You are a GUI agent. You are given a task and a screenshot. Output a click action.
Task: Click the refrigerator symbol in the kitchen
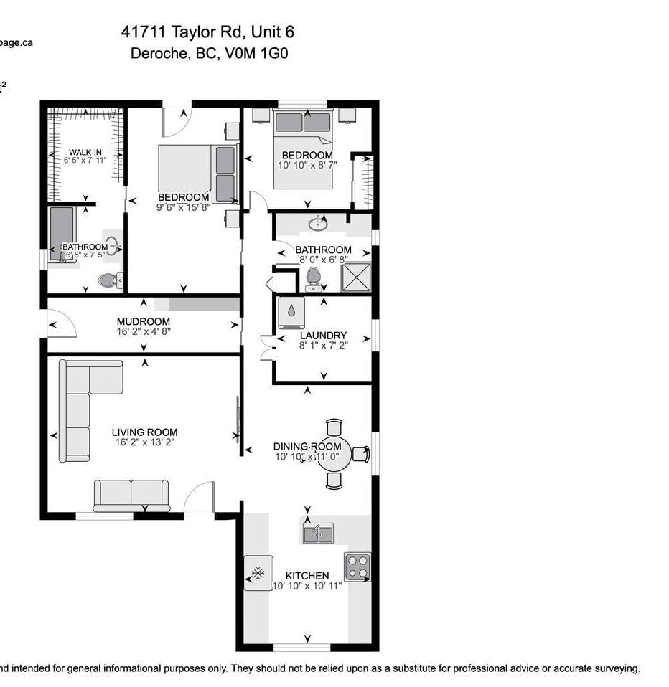coord(258,573)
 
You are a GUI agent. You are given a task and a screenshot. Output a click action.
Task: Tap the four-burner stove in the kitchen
coord(357,567)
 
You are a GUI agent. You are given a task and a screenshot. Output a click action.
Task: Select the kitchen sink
coord(318,534)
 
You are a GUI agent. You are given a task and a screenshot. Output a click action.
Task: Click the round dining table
coord(334,454)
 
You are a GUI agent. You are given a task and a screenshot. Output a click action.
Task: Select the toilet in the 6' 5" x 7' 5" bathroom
coord(108,280)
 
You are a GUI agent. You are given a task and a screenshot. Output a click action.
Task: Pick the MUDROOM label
coord(144,321)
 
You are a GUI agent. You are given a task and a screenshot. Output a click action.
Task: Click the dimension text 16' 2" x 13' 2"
coord(145,442)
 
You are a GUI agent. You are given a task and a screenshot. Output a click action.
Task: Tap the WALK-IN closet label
coord(85,152)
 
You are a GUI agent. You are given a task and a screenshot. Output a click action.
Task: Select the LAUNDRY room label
coord(323,335)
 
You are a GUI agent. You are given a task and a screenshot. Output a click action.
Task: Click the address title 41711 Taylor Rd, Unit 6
coord(207,32)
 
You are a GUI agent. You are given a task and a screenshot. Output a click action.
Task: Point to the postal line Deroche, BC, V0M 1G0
coord(209,53)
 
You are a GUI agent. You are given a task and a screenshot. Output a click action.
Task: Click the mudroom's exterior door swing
coord(62,324)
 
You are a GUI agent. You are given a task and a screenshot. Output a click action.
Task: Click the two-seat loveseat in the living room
coord(131,495)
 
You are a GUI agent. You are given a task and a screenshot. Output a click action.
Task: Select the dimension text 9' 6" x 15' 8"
coord(184,207)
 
